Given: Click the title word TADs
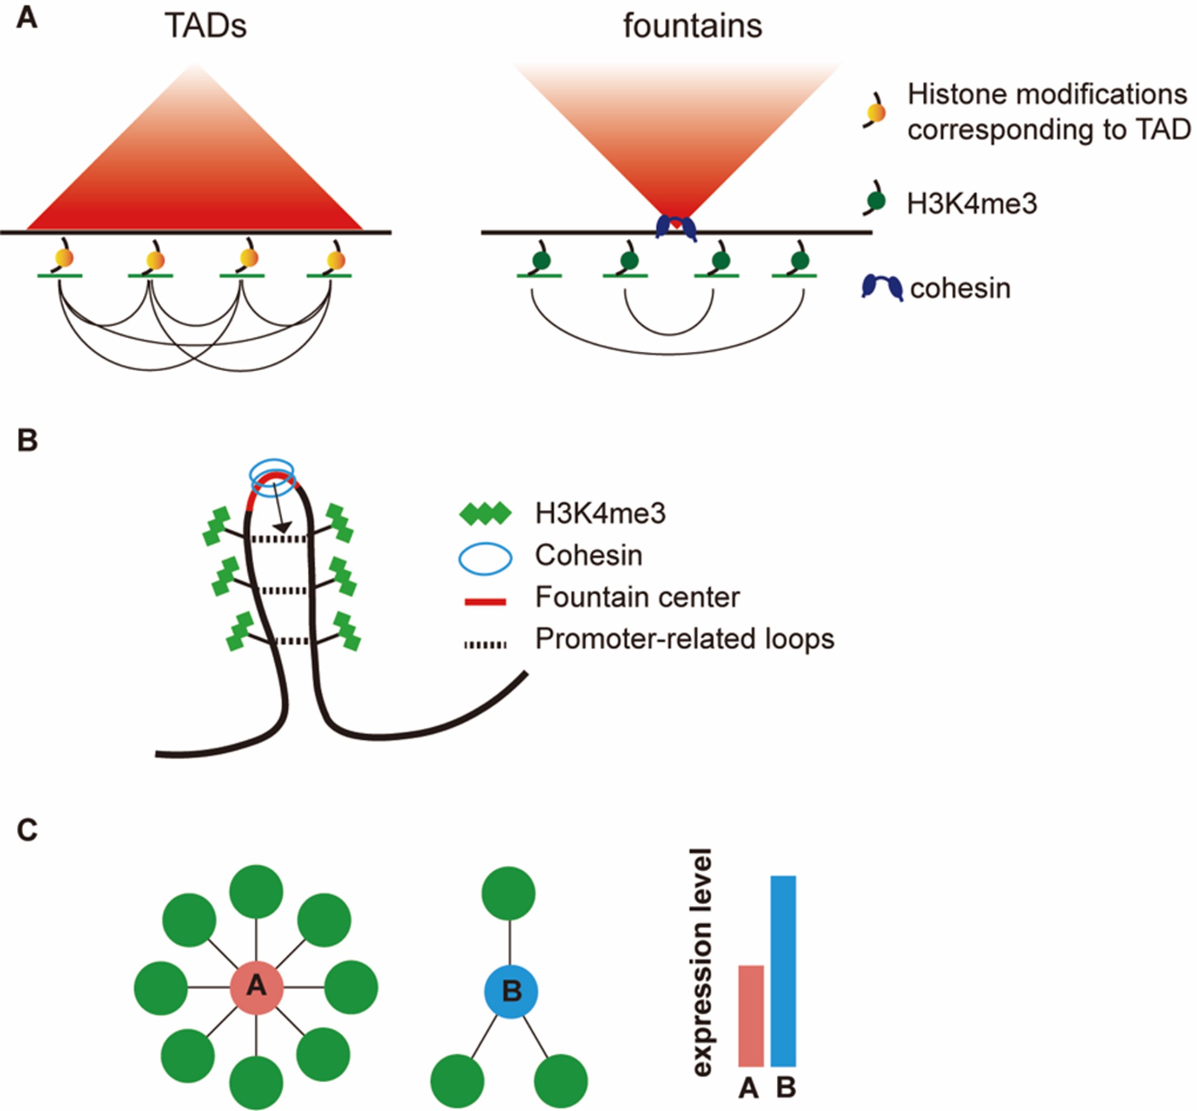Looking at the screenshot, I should pyautogui.click(x=206, y=27).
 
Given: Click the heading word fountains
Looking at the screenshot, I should pyautogui.click(x=692, y=27).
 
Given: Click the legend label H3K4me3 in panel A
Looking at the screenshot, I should pyautogui.click(x=971, y=205).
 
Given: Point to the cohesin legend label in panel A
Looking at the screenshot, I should pyautogui.click(x=960, y=288).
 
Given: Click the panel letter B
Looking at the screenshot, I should pyautogui.click(x=27, y=441).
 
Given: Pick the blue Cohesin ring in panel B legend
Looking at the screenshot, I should pyautogui.click(x=485, y=558).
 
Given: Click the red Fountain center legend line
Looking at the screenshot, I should pyautogui.click(x=485, y=601).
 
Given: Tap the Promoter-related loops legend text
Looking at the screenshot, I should pyautogui.click(x=684, y=639).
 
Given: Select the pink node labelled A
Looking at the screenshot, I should pyautogui.click(x=256, y=987).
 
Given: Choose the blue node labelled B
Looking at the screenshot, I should pyautogui.click(x=511, y=991).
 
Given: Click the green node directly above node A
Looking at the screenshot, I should pyautogui.click(x=256, y=892).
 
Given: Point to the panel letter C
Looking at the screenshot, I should pyautogui.click(x=27, y=830).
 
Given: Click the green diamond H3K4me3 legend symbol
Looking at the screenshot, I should pyautogui.click(x=485, y=514).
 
